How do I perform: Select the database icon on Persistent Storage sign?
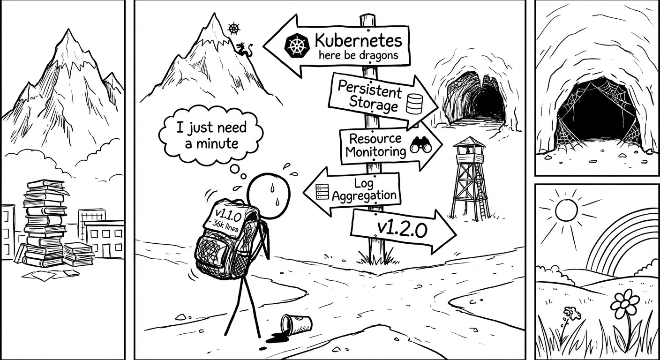pyautogui.click(x=414, y=104)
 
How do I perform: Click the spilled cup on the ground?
pyautogui.click(x=295, y=323)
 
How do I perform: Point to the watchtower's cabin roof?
pyautogui.click(x=469, y=142)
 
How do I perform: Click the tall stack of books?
pyautogui.click(x=44, y=223)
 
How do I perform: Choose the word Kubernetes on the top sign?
pyautogui.click(x=359, y=41)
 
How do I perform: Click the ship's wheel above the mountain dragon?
pyautogui.click(x=233, y=29)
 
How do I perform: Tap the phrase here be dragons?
pyautogui.click(x=358, y=55)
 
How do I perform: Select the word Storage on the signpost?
pyautogui.click(x=373, y=105)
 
